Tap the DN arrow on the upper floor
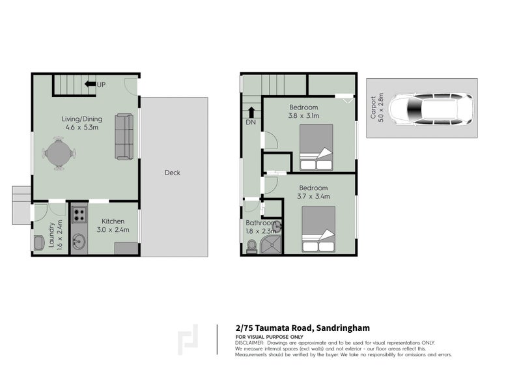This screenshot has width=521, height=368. click(251, 112)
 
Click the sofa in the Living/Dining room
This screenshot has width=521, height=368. click(124, 136)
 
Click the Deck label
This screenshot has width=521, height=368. click(172, 173)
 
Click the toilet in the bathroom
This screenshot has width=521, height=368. click(251, 246)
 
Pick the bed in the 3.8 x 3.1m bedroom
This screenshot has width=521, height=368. click(316, 147)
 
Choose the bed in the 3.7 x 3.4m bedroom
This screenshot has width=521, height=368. click(318, 229)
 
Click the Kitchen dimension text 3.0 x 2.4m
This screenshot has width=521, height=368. click(113, 229)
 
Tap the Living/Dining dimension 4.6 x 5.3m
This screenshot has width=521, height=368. click(79, 128)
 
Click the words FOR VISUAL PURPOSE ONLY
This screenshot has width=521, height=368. click(264, 336)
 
